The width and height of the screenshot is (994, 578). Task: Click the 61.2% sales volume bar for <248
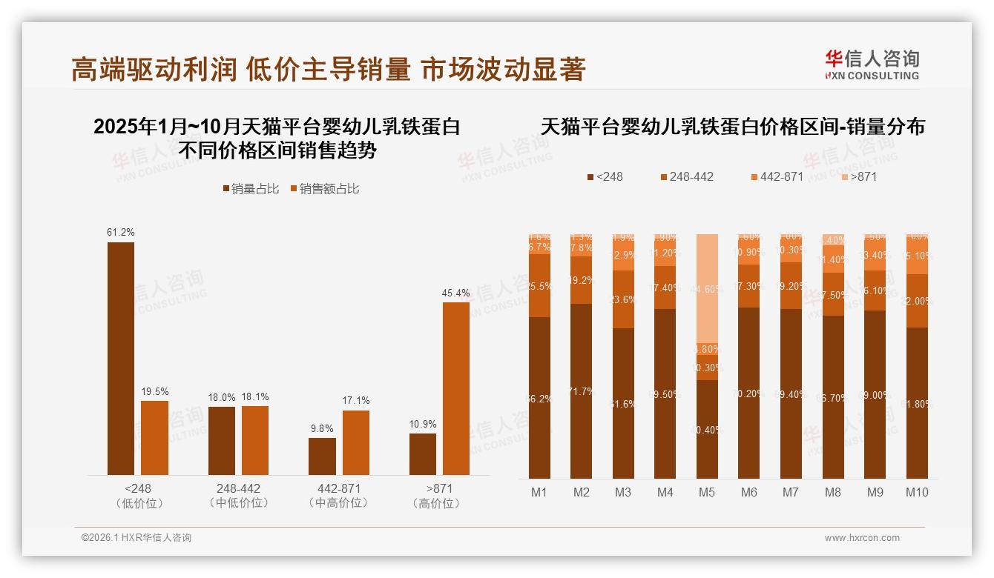(x=121, y=359)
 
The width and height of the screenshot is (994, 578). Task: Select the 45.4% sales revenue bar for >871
(x=456, y=388)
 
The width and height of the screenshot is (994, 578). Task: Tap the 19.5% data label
(x=155, y=391)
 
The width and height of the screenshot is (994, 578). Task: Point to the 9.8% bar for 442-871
(x=322, y=456)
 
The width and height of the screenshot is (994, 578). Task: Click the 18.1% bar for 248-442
(x=255, y=440)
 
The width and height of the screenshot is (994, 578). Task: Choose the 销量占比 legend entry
(x=251, y=189)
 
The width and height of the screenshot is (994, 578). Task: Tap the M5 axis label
(x=707, y=492)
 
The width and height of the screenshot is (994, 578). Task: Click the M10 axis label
(x=917, y=492)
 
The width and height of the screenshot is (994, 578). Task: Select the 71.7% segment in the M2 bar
(x=582, y=391)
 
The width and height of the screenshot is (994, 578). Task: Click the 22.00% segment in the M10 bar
(x=917, y=301)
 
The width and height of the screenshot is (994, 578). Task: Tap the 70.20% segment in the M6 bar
(x=749, y=393)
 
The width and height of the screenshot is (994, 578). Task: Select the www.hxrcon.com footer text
(x=862, y=538)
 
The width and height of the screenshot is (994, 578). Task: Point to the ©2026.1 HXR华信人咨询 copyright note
(x=136, y=538)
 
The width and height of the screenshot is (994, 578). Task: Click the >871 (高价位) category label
(x=439, y=496)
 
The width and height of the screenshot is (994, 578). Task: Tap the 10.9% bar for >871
(x=423, y=454)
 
